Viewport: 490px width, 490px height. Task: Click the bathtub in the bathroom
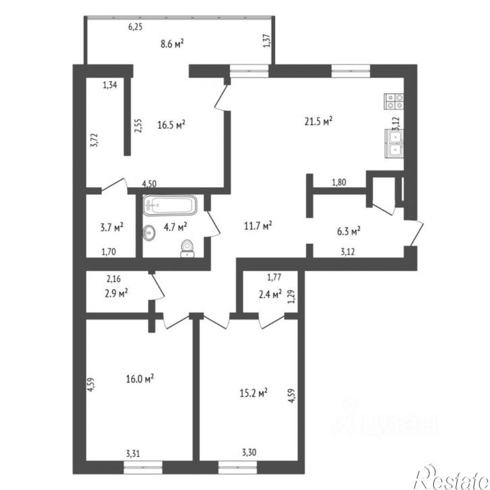click(170, 205)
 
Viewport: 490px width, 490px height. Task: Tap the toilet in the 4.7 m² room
click(187, 249)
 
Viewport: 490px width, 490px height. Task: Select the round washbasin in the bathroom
click(149, 232)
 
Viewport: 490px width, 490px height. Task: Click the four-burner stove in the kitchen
click(394, 101)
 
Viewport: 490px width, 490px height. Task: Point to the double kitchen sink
click(395, 144)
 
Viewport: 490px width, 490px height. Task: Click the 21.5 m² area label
click(318, 121)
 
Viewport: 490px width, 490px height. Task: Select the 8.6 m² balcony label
click(172, 43)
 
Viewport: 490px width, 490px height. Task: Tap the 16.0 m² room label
click(140, 379)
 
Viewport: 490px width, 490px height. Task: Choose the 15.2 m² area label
click(253, 393)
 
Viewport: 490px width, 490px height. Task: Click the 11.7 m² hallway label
click(258, 226)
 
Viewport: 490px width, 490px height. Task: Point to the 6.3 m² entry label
click(349, 232)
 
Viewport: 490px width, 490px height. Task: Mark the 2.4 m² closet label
click(270, 294)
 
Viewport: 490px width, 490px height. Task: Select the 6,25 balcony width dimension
click(135, 27)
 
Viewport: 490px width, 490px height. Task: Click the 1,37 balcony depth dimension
click(268, 41)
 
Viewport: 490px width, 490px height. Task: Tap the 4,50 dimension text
click(149, 184)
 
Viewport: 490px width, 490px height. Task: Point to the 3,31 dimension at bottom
click(133, 453)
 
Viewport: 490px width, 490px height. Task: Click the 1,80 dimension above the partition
click(339, 182)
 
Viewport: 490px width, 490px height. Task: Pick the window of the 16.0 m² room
click(143, 467)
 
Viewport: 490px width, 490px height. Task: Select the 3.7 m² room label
click(112, 227)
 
